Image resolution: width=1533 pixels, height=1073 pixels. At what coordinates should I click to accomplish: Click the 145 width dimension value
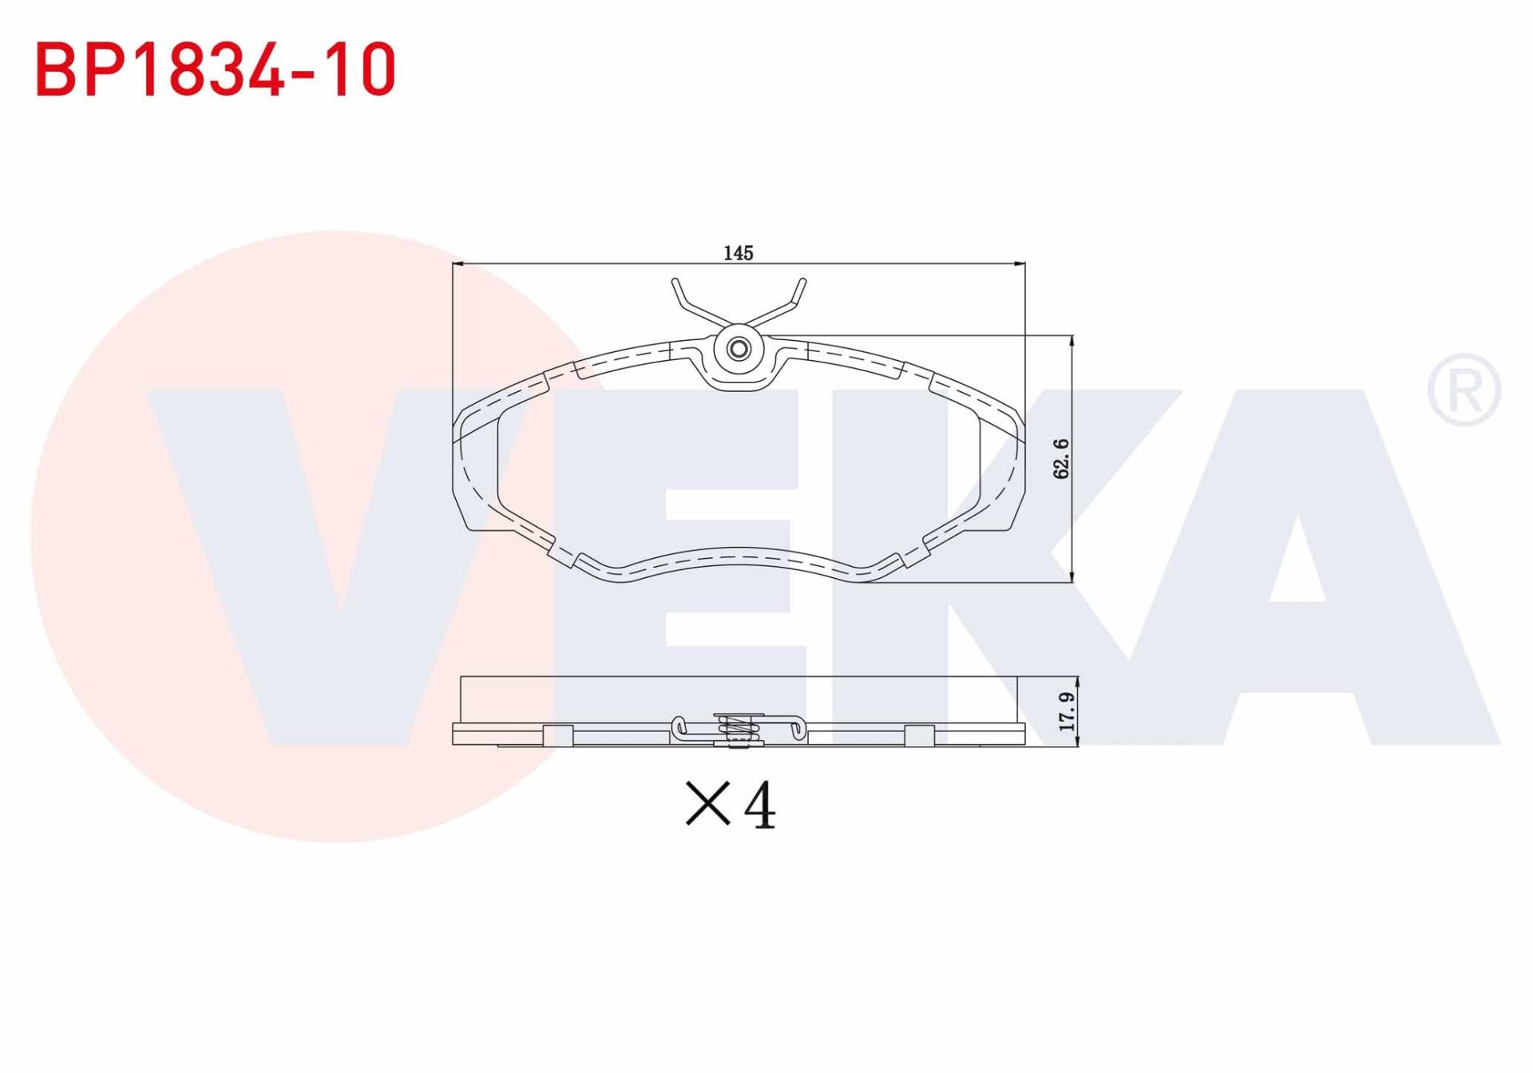[738, 253]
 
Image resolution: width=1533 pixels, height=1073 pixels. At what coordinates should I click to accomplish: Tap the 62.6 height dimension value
[1061, 459]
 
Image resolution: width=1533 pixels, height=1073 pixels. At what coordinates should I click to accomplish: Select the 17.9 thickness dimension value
[1067, 711]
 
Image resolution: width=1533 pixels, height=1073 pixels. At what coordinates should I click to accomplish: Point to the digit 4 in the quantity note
[759, 806]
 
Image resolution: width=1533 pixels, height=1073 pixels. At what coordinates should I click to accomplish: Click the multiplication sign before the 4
[707, 804]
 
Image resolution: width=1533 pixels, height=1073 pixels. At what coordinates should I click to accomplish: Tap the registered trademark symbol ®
[1464, 390]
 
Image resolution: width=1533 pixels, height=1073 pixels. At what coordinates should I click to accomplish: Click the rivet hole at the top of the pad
[739, 349]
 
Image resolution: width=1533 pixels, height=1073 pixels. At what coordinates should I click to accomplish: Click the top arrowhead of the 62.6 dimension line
[1072, 341]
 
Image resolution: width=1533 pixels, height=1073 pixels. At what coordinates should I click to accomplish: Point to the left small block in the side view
[558, 735]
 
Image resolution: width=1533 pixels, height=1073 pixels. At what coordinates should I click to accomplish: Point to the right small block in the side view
[920, 735]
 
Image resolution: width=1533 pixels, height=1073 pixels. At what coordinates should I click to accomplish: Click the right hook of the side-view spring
[798, 727]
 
